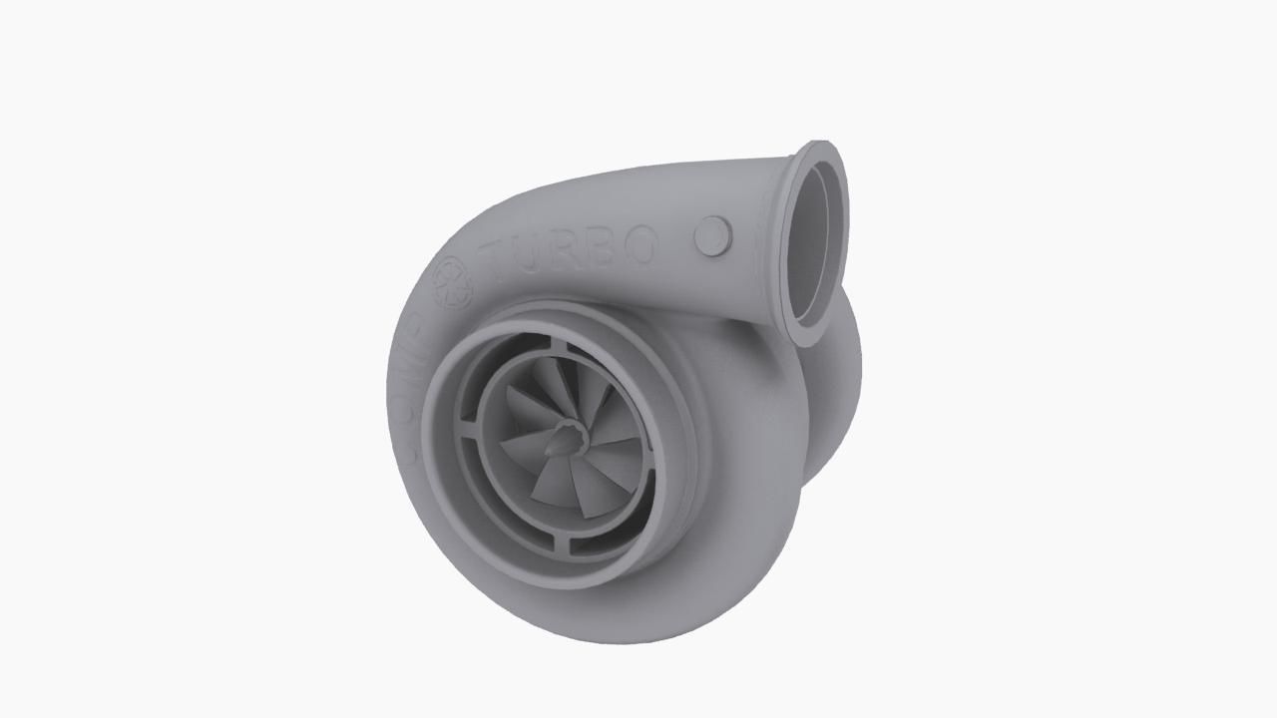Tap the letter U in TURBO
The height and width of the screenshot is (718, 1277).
tap(540, 254)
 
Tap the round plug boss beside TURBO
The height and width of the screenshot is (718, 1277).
tap(712, 235)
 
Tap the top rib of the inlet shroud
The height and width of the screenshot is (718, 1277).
tap(560, 346)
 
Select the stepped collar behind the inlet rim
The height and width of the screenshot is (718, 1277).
tap(688, 419)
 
